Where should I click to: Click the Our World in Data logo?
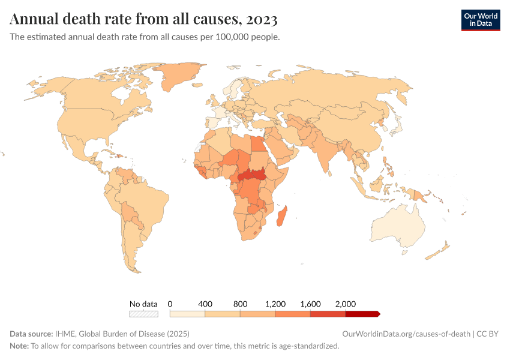coord(480,20)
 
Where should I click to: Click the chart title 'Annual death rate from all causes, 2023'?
coord(143,20)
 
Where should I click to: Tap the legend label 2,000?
coord(346,304)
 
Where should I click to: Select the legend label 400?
coord(205,304)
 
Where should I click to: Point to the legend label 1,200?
coord(275,304)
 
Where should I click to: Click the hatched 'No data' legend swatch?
coord(143,314)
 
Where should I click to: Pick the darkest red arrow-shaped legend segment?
coord(362,314)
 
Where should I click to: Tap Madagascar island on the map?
coord(281,216)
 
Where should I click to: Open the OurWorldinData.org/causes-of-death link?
coord(406,334)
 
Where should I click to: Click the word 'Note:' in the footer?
coord(19,346)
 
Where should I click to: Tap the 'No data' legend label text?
coord(143,304)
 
